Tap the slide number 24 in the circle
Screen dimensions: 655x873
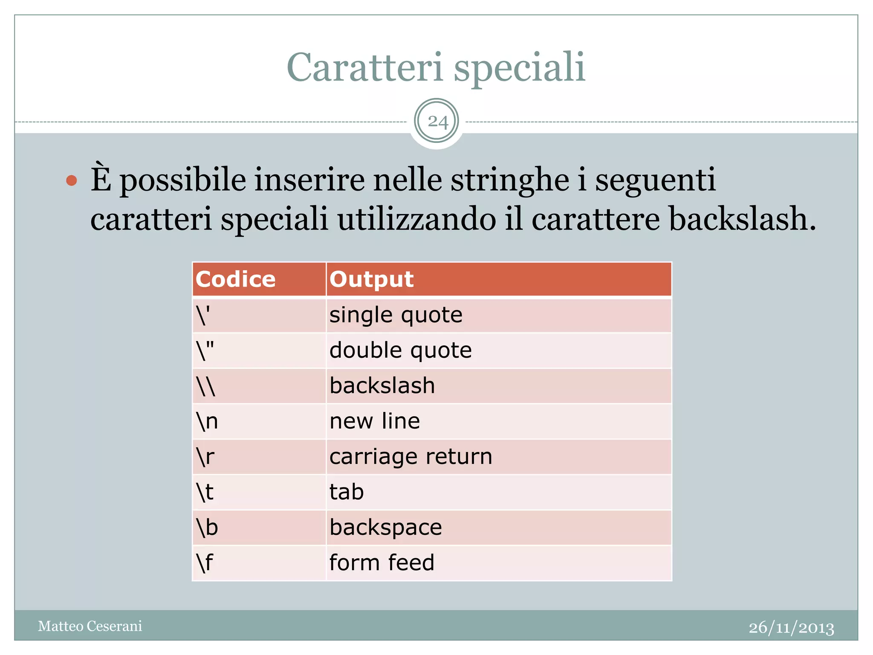(x=437, y=122)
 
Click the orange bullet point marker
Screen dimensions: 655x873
(x=72, y=180)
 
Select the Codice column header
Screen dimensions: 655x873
(x=236, y=279)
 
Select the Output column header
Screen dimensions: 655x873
(x=371, y=279)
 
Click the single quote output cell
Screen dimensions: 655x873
(x=396, y=315)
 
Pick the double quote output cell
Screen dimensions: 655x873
(x=400, y=351)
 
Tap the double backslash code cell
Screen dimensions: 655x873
(x=206, y=386)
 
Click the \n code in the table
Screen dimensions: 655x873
(x=207, y=421)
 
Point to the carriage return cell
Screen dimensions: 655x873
(x=410, y=457)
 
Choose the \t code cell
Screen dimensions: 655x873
(x=205, y=492)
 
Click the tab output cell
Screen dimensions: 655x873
(x=347, y=492)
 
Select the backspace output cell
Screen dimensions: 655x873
(x=385, y=527)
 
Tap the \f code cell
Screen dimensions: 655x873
(x=205, y=563)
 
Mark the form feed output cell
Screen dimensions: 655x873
(x=382, y=563)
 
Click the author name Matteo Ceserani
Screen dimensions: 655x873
(x=90, y=626)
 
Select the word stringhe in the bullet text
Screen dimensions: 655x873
(x=510, y=180)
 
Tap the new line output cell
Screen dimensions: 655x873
(x=375, y=421)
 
